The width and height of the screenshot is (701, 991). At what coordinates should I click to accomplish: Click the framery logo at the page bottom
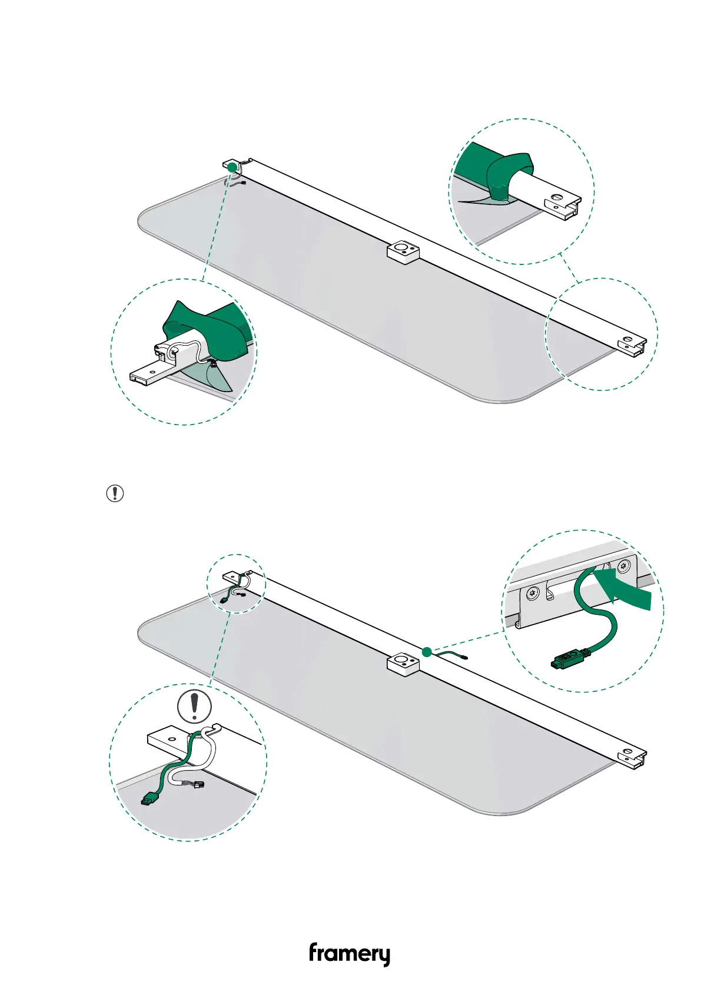coord(349,953)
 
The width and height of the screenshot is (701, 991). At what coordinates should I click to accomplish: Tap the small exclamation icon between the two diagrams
coord(115,493)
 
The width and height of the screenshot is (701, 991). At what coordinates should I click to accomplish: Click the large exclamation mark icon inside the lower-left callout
coord(194,707)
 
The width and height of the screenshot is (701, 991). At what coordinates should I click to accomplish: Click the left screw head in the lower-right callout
coord(532,593)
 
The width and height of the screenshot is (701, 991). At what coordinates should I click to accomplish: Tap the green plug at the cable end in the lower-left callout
coord(150,798)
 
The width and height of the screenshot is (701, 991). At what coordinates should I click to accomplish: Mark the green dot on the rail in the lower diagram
coord(427,651)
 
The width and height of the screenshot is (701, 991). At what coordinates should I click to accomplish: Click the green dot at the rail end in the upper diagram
coord(232,168)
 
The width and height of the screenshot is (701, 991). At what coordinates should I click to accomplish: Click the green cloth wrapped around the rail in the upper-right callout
coord(503,174)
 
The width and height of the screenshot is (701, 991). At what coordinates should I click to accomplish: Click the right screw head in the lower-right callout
coord(623,567)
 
